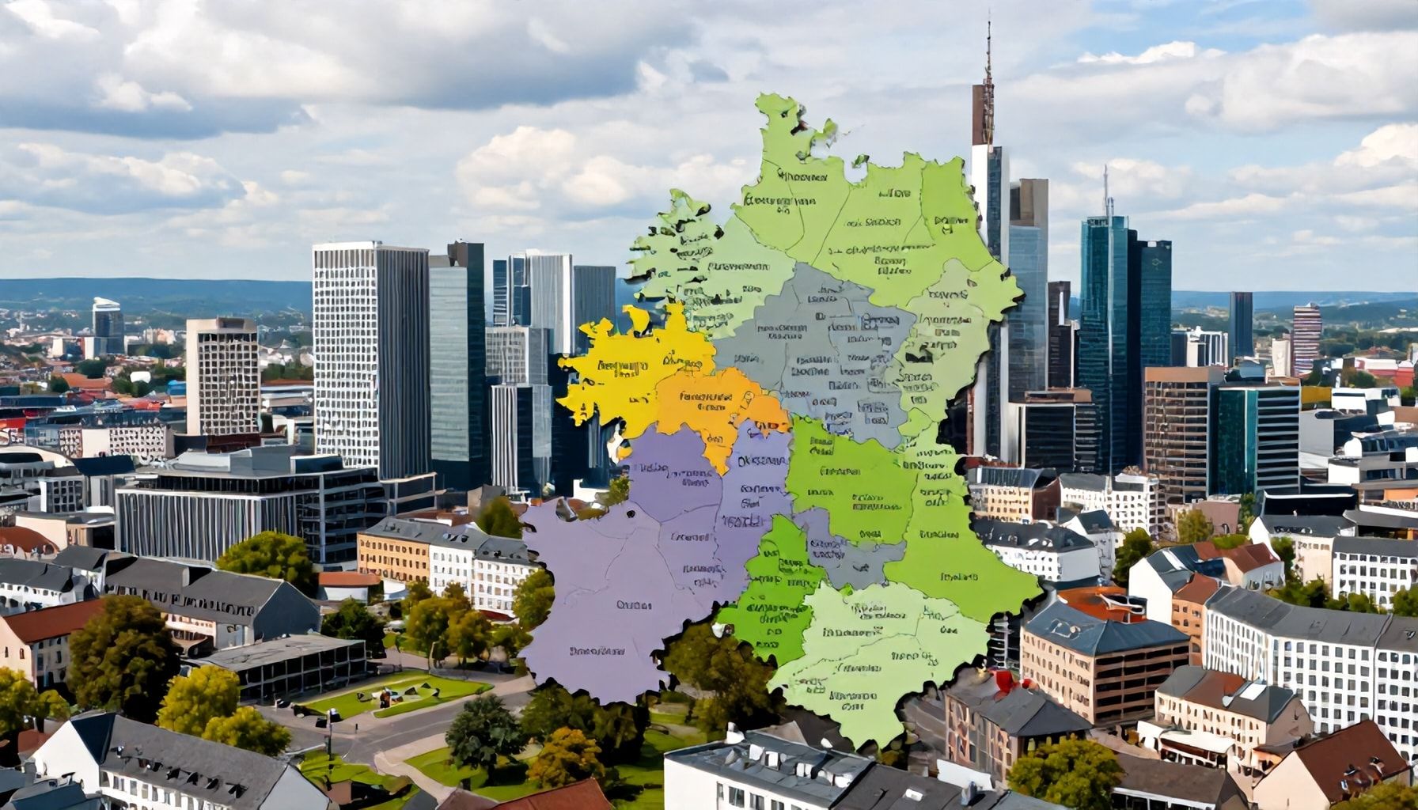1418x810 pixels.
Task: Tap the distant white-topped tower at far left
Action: (x=106, y=316)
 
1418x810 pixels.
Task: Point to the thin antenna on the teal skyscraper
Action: (x=1107, y=190)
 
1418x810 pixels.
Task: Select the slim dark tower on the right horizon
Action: (x=1240, y=324)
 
